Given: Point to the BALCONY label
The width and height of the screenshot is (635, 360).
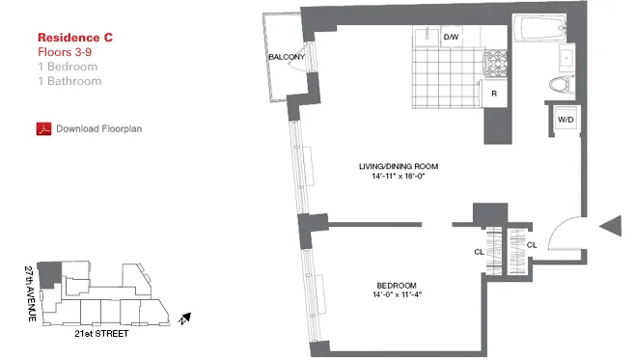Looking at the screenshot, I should coord(288,57).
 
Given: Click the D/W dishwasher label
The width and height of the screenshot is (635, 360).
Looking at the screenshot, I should coord(451,38).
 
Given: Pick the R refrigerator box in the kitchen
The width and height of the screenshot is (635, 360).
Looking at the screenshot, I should coord(493,94).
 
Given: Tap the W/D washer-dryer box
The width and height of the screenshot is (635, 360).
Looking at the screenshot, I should coord(564,120).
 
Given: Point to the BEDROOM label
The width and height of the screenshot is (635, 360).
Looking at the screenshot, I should coord(397,285).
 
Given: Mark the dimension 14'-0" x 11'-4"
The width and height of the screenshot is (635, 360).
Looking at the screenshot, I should coord(397,295).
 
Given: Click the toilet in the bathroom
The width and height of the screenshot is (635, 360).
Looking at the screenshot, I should coord(559,85).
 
